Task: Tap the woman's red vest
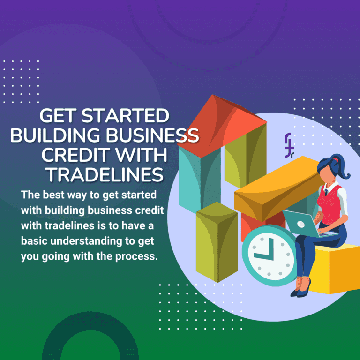(x=330, y=202)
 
